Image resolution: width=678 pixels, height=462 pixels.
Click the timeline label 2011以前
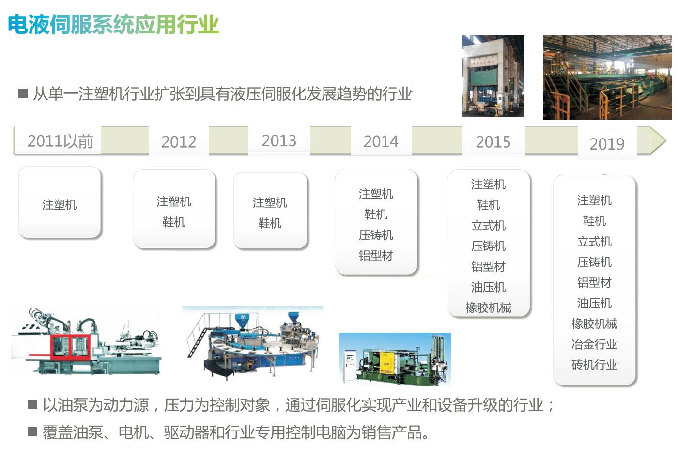click(60, 141)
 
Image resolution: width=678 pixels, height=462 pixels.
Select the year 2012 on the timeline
click(179, 142)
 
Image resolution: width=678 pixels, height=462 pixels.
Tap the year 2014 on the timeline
click(381, 141)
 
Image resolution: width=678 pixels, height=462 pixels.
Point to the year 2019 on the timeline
click(607, 144)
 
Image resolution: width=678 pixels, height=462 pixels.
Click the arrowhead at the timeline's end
click(658, 140)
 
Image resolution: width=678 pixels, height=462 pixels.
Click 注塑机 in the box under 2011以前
click(59, 205)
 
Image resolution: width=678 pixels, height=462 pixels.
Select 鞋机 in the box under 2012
click(174, 222)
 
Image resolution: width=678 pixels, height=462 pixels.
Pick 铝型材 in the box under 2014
click(376, 256)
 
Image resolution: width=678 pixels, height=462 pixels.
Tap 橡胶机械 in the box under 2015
click(488, 308)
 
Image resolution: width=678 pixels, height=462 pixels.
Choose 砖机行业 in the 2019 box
click(594, 365)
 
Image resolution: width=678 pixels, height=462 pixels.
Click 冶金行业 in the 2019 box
click(594, 344)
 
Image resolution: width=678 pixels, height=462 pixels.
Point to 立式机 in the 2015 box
click(488, 226)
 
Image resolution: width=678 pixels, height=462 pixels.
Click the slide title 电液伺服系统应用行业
click(113, 24)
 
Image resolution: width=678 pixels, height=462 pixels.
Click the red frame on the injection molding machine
click(70, 347)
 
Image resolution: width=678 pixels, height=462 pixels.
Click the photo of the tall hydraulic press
click(493, 76)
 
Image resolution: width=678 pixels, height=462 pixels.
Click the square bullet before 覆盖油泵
click(32, 431)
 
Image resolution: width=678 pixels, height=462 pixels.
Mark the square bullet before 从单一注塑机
click(23, 93)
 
